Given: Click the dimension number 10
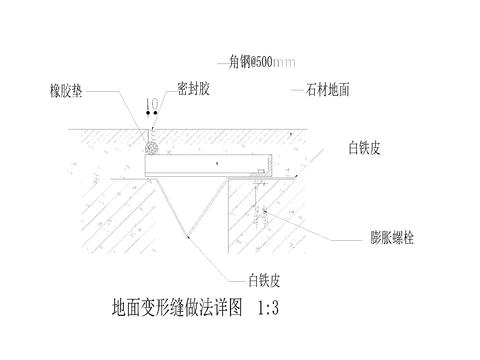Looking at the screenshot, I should [x=151, y=104].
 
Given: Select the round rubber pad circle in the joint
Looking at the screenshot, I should [x=153, y=146].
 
